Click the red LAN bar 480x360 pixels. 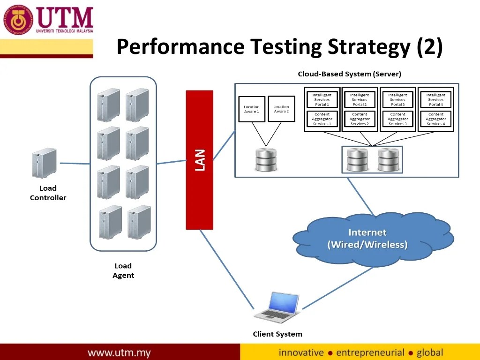pyautogui.click(x=199, y=159)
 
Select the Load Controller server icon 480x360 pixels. pyautogui.click(x=44, y=163)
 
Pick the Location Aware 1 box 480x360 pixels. pyautogui.click(x=252, y=109)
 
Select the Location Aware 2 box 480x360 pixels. pyautogui.click(x=281, y=109)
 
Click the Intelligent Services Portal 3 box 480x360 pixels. pyautogui.click(x=397, y=99)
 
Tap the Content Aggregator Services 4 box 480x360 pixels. pyautogui.click(x=435, y=119)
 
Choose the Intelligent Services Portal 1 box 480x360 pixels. pyautogui.click(x=322, y=99)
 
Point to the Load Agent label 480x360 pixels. pyautogui.click(x=123, y=270)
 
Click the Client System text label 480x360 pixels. pyautogui.click(x=277, y=334)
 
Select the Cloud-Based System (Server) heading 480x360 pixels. pyautogui.click(x=349, y=74)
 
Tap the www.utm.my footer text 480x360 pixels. pyautogui.click(x=119, y=352)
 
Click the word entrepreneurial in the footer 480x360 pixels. pyautogui.click(x=370, y=352)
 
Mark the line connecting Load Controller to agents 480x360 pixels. pyautogui.click(x=75, y=164)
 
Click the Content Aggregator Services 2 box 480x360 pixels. pyautogui.click(x=360, y=119)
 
